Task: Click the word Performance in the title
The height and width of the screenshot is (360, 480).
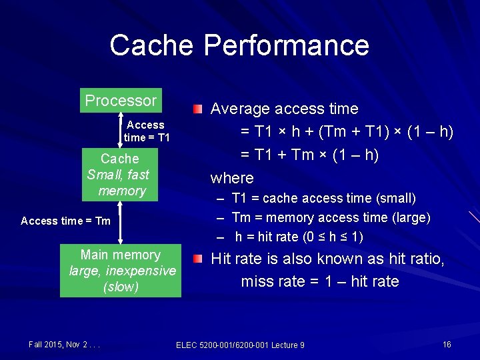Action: click(x=286, y=45)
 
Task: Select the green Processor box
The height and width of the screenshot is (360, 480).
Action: click(x=121, y=101)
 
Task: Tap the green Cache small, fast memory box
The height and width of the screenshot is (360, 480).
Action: click(x=120, y=175)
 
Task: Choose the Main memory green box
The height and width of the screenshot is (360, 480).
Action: click(x=121, y=271)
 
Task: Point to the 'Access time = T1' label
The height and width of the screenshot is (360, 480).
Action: click(x=147, y=131)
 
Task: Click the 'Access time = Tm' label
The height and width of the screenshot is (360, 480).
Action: click(x=65, y=221)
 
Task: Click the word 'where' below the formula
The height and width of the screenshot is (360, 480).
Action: click(x=232, y=178)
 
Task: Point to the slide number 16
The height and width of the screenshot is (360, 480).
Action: click(x=447, y=344)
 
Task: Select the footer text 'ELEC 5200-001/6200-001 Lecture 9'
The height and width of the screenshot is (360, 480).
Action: click(x=240, y=345)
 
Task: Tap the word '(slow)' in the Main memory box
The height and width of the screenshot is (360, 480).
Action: click(x=121, y=287)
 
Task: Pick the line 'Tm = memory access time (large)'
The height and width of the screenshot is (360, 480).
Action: click(x=331, y=217)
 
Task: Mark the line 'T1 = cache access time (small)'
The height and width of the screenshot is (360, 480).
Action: click(x=323, y=198)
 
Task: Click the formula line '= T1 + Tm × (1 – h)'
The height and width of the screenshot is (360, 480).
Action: click(x=309, y=155)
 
